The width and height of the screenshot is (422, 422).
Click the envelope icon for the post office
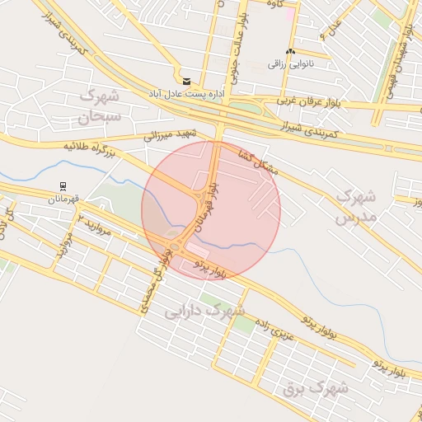click(x=188, y=81)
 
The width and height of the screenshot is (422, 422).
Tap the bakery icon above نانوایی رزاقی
click(x=289, y=52)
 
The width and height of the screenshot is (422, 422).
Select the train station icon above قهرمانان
click(x=63, y=186)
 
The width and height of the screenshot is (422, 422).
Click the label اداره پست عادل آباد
click(x=188, y=94)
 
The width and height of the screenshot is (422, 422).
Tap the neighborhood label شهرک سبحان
click(x=100, y=106)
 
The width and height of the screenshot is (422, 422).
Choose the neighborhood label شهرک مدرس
click(x=356, y=207)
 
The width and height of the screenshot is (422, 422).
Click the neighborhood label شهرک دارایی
click(x=205, y=312)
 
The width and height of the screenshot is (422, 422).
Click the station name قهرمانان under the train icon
click(x=63, y=199)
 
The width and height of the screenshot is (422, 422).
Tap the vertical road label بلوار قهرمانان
click(x=215, y=199)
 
